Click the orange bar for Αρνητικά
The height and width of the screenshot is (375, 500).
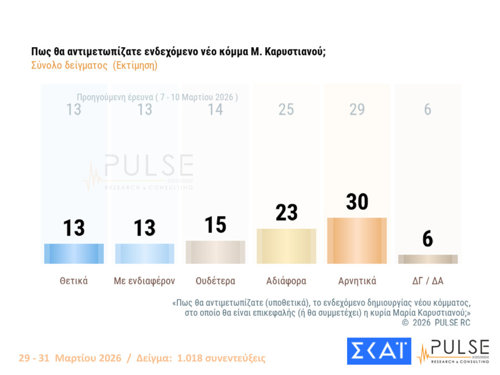[x=357, y=240]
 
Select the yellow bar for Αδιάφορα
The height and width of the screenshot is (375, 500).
[x=286, y=246]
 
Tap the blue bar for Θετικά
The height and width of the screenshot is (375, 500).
[x=74, y=253]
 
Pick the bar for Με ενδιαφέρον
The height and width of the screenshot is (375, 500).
[x=144, y=253]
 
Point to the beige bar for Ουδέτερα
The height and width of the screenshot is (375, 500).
[x=215, y=252]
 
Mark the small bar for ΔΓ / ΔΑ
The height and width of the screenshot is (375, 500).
[x=427, y=259]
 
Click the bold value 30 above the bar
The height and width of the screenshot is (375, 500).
[x=357, y=202]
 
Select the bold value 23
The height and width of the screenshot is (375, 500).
[x=286, y=213]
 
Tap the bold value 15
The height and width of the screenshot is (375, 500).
[x=215, y=224]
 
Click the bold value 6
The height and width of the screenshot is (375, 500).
[x=427, y=239]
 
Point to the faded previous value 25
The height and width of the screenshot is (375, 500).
[x=286, y=109]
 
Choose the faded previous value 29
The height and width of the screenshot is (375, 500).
[x=357, y=109]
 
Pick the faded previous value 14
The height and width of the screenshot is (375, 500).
[x=215, y=109]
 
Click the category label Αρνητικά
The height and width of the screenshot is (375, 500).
[x=357, y=281]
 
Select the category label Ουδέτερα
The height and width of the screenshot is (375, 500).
[x=215, y=281]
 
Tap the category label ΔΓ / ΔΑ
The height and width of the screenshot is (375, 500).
[x=427, y=281]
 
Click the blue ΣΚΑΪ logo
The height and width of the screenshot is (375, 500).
[x=378, y=351]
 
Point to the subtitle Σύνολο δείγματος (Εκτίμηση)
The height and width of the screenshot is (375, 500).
[x=94, y=65]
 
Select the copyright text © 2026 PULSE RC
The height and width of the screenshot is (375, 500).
[x=436, y=323]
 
